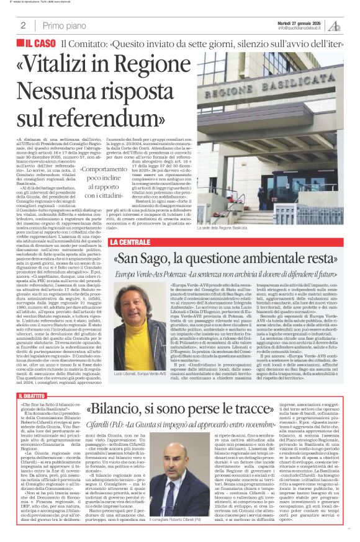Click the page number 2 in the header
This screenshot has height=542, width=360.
pos(23,25)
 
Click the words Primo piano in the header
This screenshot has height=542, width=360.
pos(62,25)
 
